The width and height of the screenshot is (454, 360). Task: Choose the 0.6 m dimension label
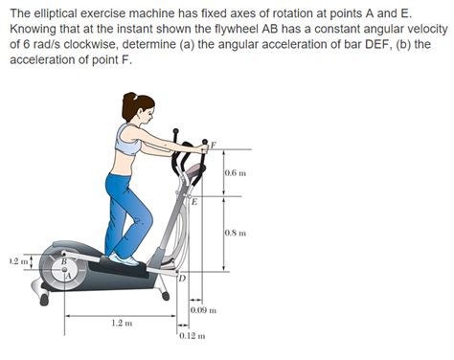coord(236,173)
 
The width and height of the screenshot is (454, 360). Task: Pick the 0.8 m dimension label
coord(236,233)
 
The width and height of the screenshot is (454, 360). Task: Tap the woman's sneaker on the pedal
coord(125,259)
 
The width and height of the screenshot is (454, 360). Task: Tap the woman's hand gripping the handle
coord(201,149)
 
